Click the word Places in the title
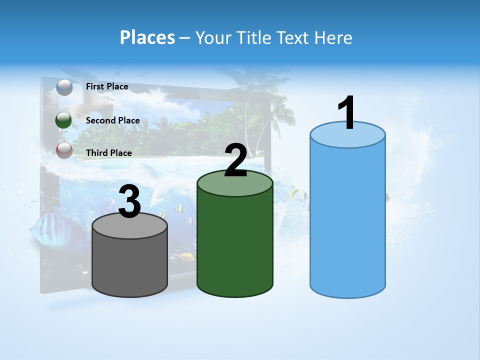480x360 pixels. pyautogui.click(x=147, y=37)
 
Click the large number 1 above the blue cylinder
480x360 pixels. pyautogui.click(x=346, y=113)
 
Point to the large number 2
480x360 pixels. pyautogui.click(x=235, y=160)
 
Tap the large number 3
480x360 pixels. pyautogui.click(x=130, y=202)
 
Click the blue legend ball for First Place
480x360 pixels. pyautogui.click(x=64, y=87)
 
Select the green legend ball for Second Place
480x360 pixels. pyautogui.click(x=64, y=120)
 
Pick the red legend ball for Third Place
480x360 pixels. pyautogui.click(x=64, y=150)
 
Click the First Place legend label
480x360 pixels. pyautogui.click(x=107, y=86)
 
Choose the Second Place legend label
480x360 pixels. pyautogui.click(x=112, y=120)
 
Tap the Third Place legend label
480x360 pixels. pyautogui.click(x=109, y=152)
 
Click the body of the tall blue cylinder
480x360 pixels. pyautogui.click(x=347, y=220)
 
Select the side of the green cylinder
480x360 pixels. pyautogui.click(x=235, y=245)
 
